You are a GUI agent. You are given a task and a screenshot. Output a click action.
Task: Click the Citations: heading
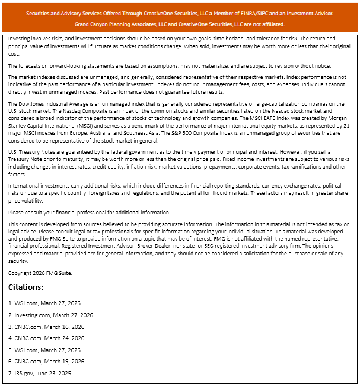[x=26, y=287]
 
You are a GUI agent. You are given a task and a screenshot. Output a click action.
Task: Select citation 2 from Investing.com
[x=50, y=315]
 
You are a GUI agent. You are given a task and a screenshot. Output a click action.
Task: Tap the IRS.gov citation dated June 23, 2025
[x=39, y=373]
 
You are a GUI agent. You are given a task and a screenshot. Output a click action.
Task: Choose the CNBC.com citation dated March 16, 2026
[x=46, y=327]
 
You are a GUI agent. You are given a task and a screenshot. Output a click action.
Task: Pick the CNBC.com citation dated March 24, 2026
[x=46, y=338]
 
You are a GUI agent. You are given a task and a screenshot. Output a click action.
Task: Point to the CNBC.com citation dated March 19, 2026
[x=46, y=361]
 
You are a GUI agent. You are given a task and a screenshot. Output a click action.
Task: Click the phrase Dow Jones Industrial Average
[x=49, y=103]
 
